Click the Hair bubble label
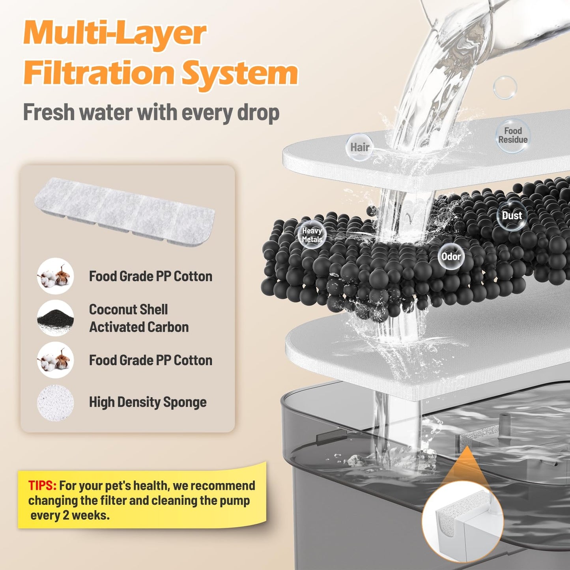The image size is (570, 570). pyautogui.click(x=359, y=148)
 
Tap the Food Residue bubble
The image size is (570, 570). pyautogui.click(x=512, y=135)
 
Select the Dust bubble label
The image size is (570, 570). pyautogui.click(x=512, y=216)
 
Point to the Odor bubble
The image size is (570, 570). pyautogui.click(x=451, y=257)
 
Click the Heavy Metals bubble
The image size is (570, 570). pyautogui.click(x=312, y=235)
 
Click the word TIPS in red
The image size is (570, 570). pyautogui.click(x=42, y=486)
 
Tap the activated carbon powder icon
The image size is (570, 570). pyautogui.click(x=55, y=318)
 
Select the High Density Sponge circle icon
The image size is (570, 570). pyautogui.click(x=55, y=403)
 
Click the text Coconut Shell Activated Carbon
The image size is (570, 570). pyautogui.click(x=138, y=318)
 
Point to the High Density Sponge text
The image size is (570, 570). pyautogui.click(x=148, y=402)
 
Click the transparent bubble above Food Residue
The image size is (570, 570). pyautogui.click(x=505, y=87)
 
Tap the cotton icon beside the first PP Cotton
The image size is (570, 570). pyautogui.click(x=55, y=276)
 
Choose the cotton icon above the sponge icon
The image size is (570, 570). pyautogui.click(x=55, y=360)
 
